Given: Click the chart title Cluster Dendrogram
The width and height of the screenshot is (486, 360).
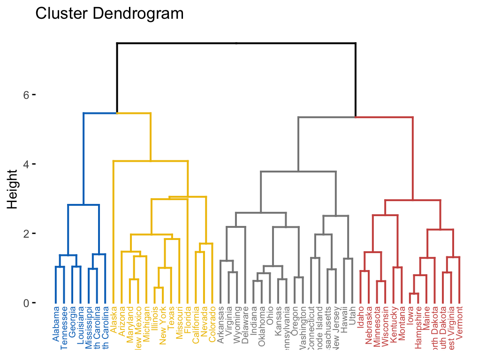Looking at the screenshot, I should pos(109,14).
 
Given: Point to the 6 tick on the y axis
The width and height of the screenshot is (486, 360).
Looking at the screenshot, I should pos(26,95).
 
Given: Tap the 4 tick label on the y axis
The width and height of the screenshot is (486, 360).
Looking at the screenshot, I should pos(26,165).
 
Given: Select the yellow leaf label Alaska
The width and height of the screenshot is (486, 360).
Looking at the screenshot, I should pos(114,319).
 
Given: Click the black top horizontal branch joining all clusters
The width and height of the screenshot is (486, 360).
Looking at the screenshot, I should pos(236,43).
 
